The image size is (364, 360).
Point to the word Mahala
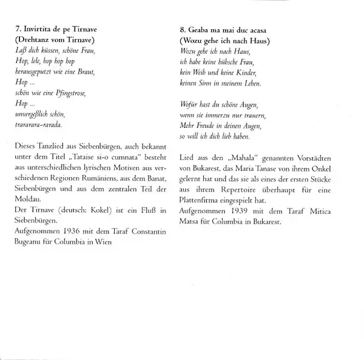point(243,158)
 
